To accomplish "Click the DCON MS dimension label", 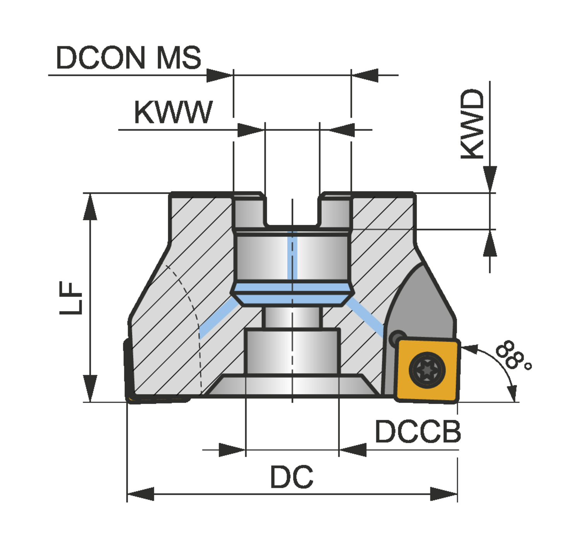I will point(128,58).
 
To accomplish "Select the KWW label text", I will point(173,113).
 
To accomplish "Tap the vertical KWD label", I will point(473,124).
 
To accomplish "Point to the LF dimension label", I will point(71,298).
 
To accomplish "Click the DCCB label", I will point(418,432).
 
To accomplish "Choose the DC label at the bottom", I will point(292,477).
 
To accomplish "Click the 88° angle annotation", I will point(513,355).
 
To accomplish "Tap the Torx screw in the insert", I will point(427,370).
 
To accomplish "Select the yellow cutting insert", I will point(427,370).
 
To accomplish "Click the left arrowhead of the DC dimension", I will point(140,494).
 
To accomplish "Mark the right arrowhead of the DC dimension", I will point(444,494).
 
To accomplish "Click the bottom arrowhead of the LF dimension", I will point(90,389).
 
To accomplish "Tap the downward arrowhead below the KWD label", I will point(490,179).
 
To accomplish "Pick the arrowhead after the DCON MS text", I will point(220,75).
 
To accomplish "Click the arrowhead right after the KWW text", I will point(251,130).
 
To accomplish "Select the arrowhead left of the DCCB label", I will point(353,450).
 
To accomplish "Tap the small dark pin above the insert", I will point(397,337).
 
